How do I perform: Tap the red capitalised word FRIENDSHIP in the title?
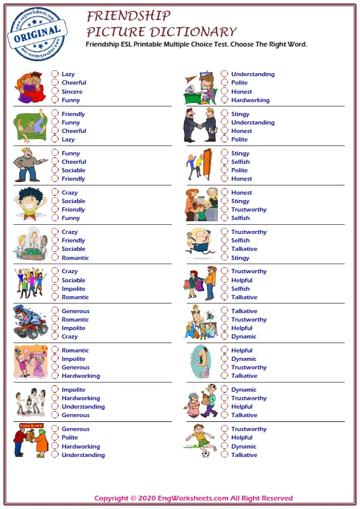[128, 16]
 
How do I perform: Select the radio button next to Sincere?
[55, 91]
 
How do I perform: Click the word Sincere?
[72, 92]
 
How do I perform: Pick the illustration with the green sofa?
[29, 126]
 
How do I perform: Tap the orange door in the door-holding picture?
[207, 163]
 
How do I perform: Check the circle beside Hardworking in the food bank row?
[55, 446]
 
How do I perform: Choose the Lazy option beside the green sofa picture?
[55, 139]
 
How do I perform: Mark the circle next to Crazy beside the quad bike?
[55, 336]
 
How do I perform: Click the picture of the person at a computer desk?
[200, 87]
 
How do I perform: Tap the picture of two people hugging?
[29, 87]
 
